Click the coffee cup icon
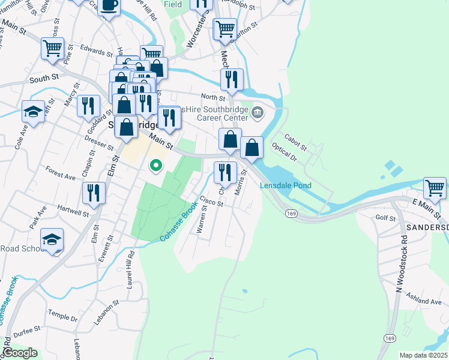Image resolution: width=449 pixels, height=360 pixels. (x=109, y=5)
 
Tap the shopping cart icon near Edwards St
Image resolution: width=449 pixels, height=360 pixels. (x=53, y=48)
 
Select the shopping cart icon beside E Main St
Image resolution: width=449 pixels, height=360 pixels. (x=435, y=187)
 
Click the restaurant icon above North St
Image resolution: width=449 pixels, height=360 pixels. (x=231, y=79)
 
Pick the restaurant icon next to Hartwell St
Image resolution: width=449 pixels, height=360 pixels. (x=94, y=193)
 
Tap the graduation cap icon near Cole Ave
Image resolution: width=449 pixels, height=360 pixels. (x=33, y=112)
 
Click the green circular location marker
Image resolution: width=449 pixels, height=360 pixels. (x=156, y=165)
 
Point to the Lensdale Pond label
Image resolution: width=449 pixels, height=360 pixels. (x=285, y=186)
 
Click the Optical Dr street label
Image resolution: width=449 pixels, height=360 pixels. (x=284, y=152)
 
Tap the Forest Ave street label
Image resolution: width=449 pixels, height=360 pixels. (x=61, y=173)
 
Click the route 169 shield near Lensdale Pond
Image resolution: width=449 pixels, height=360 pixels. (x=291, y=213)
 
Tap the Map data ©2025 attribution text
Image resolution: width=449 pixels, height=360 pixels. (x=423, y=355)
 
